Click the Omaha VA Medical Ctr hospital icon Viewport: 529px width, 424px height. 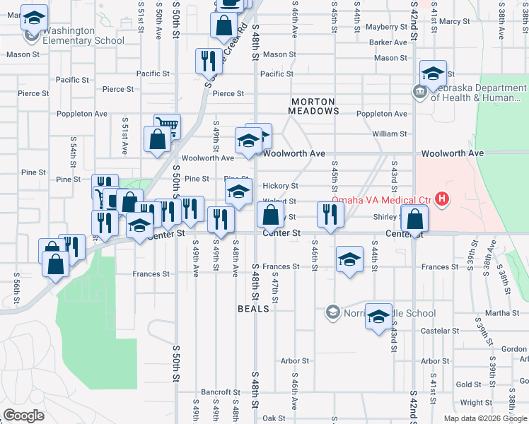click(x=442, y=200)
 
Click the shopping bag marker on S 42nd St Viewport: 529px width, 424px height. click(x=414, y=220)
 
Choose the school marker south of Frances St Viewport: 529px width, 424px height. click(x=349, y=261)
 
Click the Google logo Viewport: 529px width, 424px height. click(x=23, y=415)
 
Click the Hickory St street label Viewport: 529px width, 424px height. click(x=280, y=186)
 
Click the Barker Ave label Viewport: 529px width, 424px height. click(x=388, y=42)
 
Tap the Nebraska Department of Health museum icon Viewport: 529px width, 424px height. click(x=418, y=92)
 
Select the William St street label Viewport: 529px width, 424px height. click(x=390, y=134)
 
